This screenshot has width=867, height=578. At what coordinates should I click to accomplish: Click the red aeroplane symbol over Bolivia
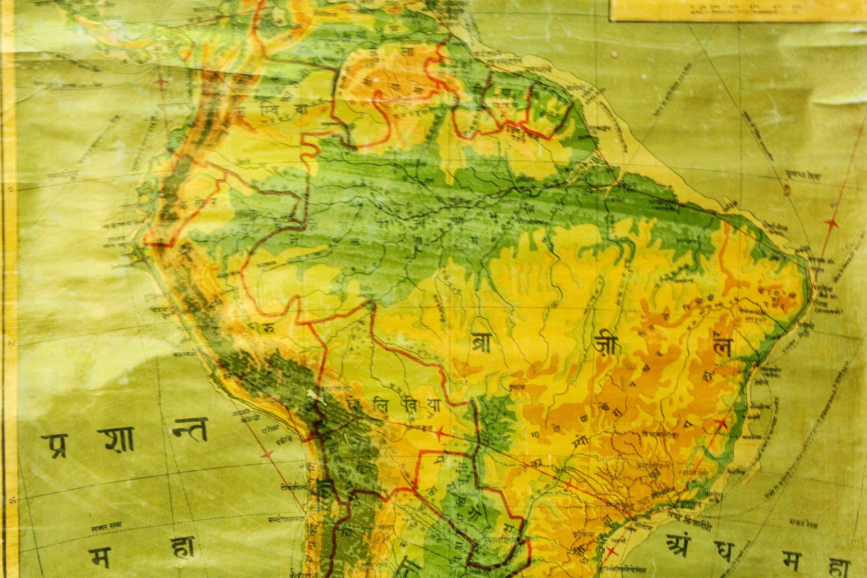440,435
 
